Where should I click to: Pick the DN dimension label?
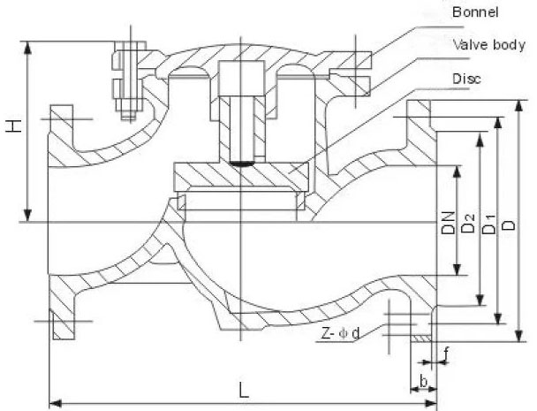(447, 221)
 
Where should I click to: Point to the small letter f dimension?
(447, 353)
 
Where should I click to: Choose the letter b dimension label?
(424, 382)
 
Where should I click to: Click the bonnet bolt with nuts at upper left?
(125, 80)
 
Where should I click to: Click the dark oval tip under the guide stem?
(241, 162)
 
